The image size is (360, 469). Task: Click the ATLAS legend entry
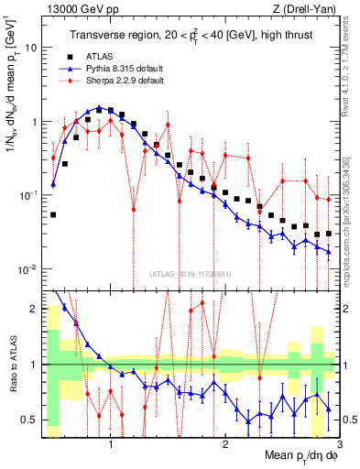point(107,55)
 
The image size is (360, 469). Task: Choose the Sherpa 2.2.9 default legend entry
point(124,81)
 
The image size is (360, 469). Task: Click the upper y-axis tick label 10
point(30,47)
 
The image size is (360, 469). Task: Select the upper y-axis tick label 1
point(33,121)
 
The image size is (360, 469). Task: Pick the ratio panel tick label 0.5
point(27,420)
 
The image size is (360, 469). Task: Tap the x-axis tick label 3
point(338,444)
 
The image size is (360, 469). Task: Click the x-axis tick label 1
point(111,444)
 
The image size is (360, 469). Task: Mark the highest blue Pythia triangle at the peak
point(98,107)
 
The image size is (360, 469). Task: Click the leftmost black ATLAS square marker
point(53,215)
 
